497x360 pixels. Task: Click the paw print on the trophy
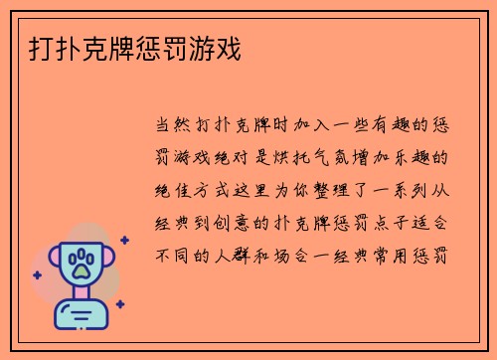[x=81, y=264]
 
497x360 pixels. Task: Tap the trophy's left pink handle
[x=52, y=262]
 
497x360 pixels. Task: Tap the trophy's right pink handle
[x=109, y=262]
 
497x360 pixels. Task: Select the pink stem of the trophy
[x=81, y=296]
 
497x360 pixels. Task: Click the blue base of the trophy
[x=81, y=319]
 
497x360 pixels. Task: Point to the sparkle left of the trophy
[x=38, y=273]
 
